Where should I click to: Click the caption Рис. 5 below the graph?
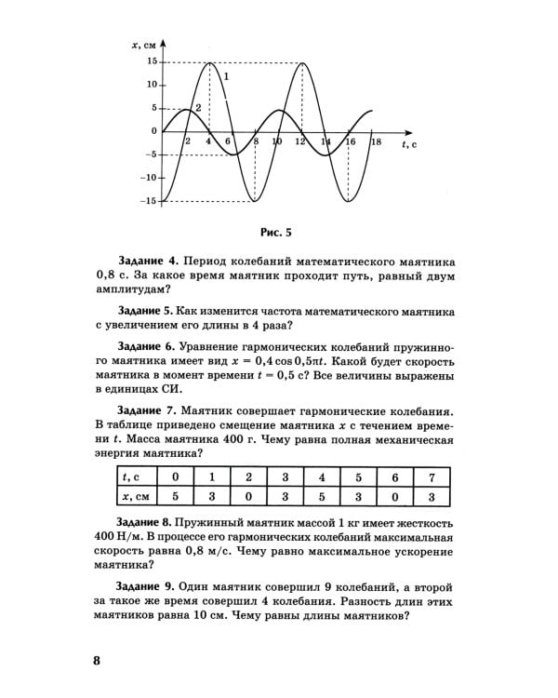pyautogui.click(x=277, y=232)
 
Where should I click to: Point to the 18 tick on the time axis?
pyautogui.click(x=375, y=142)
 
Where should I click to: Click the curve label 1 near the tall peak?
pyautogui.click(x=226, y=76)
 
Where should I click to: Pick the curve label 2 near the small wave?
pyautogui.click(x=198, y=108)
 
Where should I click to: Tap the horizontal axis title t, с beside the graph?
pyautogui.click(x=408, y=145)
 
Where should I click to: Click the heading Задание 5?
pyautogui.click(x=148, y=310)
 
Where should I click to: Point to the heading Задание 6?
pyautogui.click(x=148, y=343)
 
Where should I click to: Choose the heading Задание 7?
pyautogui.click(x=148, y=410)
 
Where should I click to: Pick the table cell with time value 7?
pyautogui.click(x=430, y=477)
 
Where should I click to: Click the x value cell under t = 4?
pyautogui.click(x=321, y=496)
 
